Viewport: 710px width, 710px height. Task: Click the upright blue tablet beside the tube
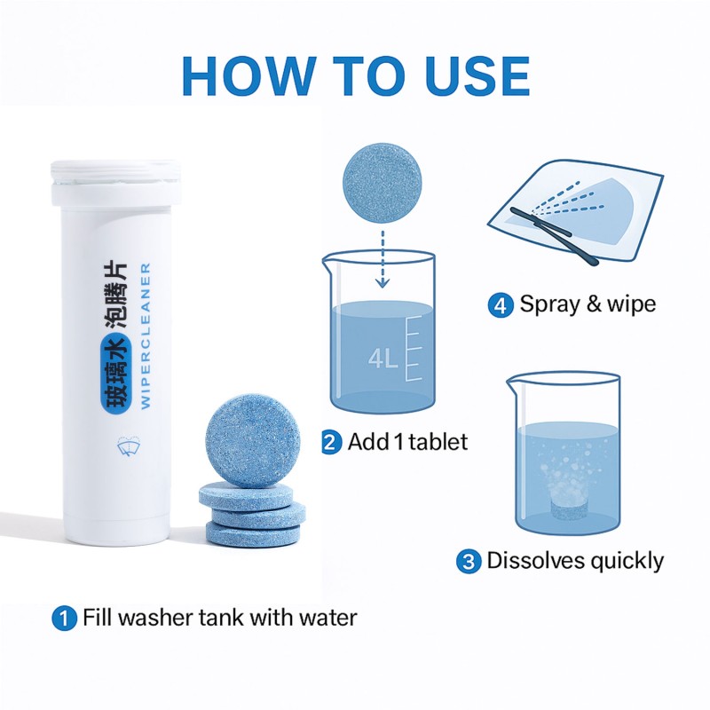point(248,440)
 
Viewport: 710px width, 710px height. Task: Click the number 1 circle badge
point(65,618)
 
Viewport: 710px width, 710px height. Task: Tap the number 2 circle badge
point(331,441)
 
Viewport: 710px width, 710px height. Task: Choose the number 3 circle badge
point(469,561)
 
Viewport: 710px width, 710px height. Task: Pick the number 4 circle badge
point(501,305)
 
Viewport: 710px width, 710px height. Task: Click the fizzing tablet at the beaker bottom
point(567,509)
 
